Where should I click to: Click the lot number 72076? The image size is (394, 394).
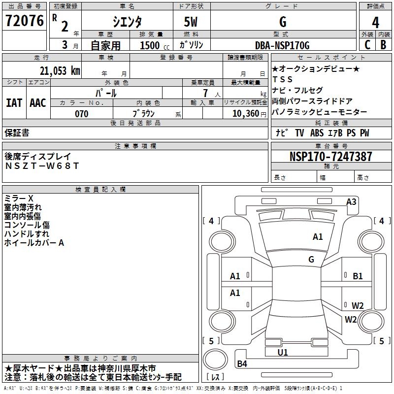(24, 21)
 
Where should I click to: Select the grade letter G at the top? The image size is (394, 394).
(283, 22)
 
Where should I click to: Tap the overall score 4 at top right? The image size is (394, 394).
(376, 23)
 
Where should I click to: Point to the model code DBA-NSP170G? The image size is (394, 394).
(283, 46)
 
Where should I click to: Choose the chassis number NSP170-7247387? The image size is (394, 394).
(330, 157)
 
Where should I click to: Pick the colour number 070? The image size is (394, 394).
(82, 114)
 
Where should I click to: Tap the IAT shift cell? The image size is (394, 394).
(14, 103)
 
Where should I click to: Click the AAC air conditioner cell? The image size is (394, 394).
(38, 103)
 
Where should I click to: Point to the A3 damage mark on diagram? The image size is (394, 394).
(351, 202)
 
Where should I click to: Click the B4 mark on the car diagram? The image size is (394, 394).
(242, 364)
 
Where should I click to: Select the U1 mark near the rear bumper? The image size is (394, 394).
(283, 352)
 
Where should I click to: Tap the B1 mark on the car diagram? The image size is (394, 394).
(358, 276)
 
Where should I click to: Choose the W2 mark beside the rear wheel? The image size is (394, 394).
(358, 305)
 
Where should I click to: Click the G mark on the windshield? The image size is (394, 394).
(311, 259)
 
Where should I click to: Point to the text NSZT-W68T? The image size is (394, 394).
(42, 166)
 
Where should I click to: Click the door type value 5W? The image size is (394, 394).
(192, 22)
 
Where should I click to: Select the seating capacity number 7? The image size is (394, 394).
(204, 93)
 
